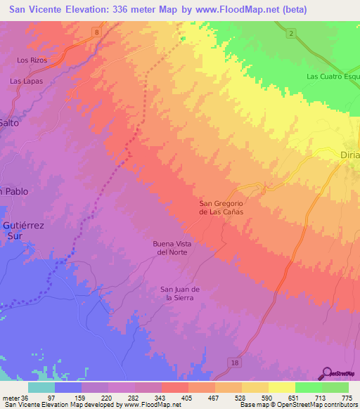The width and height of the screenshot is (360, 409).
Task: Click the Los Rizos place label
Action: tap(32, 60)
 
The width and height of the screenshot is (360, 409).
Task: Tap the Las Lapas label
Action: tap(26, 81)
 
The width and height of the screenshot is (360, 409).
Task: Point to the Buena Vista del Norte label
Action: tap(172, 247)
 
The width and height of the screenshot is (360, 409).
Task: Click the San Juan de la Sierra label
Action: tap(181, 293)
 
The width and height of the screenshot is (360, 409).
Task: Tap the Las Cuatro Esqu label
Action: tap(333, 76)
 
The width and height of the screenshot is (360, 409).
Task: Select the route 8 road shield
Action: tap(96, 33)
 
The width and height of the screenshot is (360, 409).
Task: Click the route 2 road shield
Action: tap(290, 33)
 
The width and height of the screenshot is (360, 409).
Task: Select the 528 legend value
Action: tap(243, 398)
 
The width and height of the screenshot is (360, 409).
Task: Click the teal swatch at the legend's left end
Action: tap(41, 387)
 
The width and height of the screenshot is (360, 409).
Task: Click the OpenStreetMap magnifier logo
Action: tap(327, 372)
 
